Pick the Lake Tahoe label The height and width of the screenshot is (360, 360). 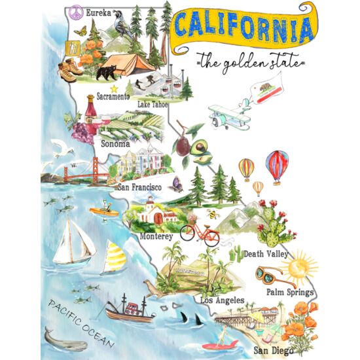[153, 103]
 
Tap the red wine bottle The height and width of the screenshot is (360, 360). [90, 115]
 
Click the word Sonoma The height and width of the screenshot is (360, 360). [115, 143]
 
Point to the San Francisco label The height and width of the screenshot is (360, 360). [139, 187]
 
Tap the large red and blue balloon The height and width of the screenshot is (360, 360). [276, 166]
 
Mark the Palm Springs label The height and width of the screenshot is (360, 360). [289, 292]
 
